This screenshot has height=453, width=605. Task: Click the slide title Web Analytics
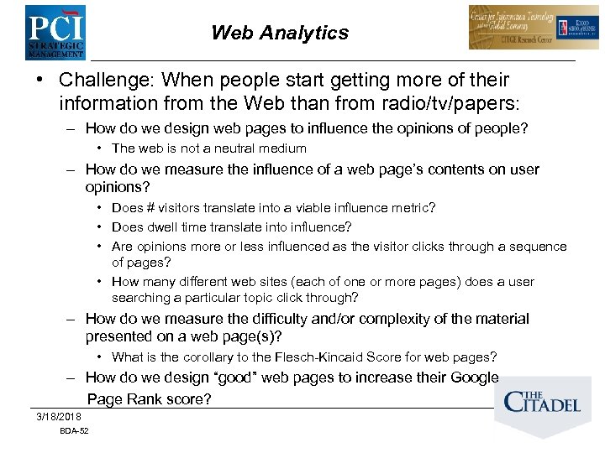click(x=280, y=34)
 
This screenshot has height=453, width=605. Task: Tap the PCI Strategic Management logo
click(x=55, y=31)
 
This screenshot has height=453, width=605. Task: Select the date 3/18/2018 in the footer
click(x=59, y=417)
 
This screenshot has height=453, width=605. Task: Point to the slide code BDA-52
click(x=74, y=431)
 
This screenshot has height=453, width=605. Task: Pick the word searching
click(x=140, y=298)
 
